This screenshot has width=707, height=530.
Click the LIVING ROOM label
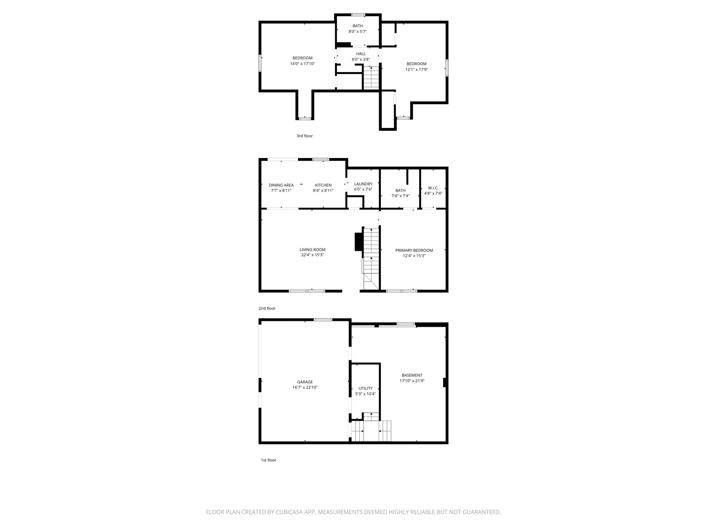click(x=312, y=249)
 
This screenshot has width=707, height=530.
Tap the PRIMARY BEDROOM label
click(x=414, y=250)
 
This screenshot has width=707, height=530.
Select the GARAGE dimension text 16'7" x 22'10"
click(x=305, y=387)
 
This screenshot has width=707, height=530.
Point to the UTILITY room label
click(x=365, y=388)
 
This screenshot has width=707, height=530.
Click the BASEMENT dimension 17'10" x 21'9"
click(x=412, y=381)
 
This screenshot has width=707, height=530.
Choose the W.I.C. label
click(x=433, y=188)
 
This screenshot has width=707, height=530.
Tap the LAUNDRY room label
click(x=363, y=184)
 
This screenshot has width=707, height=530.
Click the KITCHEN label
click(x=323, y=185)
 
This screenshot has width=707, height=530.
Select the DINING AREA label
click(x=281, y=185)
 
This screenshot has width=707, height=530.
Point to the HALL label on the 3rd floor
click(x=361, y=53)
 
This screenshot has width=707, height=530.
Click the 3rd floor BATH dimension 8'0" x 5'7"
click(x=358, y=31)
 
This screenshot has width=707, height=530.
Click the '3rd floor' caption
click(x=304, y=136)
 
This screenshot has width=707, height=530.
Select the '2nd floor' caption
click(x=267, y=308)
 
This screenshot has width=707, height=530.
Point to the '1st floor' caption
click(x=268, y=460)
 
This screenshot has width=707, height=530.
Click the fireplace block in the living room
click(x=358, y=242)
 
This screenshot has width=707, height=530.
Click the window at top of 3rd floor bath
click(x=358, y=15)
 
